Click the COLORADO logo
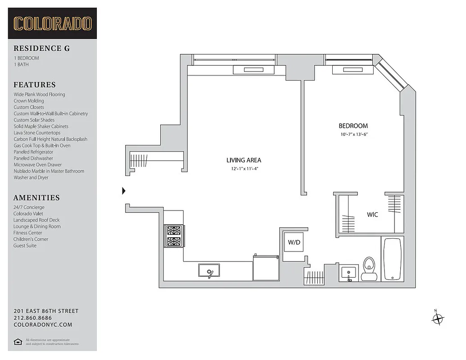pyautogui.click(x=52, y=23)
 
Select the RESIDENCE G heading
pyautogui.click(x=41, y=49)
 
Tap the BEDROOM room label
pyautogui.click(x=353, y=126)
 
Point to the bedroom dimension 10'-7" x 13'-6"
pyautogui.click(x=357, y=135)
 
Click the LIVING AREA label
pyautogui.click(x=244, y=160)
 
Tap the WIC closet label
pyautogui.click(x=372, y=215)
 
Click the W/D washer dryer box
pyautogui.click(x=294, y=243)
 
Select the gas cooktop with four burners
pyautogui.click(x=174, y=236)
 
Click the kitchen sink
pyautogui.click(x=209, y=271)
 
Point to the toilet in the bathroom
pyautogui.click(x=369, y=269)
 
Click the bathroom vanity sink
pyautogui.click(x=348, y=273)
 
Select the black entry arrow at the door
pyautogui.click(x=124, y=191)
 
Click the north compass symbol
pyautogui.click(x=437, y=319)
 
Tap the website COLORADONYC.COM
pyautogui.click(x=43, y=324)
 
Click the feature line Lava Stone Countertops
pyautogui.click(x=37, y=133)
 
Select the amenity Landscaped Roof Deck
pyautogui.click(x=36, y=220)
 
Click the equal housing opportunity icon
pyautogui.click(x=18, y=342)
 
